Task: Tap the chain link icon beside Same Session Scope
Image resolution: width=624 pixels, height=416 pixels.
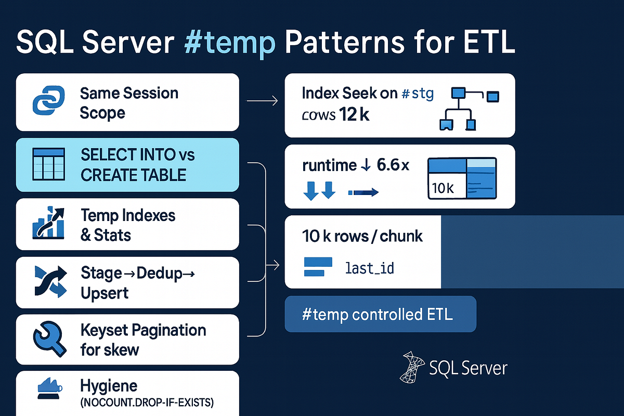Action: point(47,102)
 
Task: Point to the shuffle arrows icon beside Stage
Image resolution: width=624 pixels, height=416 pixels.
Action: point(48,281)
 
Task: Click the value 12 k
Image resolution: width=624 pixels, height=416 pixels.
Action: point(354,114)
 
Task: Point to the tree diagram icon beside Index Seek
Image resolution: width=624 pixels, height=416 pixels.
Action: point(465,108)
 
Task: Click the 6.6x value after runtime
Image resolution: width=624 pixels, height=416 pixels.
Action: point(391,166)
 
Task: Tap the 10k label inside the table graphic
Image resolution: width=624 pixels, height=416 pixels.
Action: point(443,188)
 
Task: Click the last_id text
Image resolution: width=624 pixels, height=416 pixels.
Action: point(369,268)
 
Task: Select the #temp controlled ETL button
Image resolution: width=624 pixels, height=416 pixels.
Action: point(380,314)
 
